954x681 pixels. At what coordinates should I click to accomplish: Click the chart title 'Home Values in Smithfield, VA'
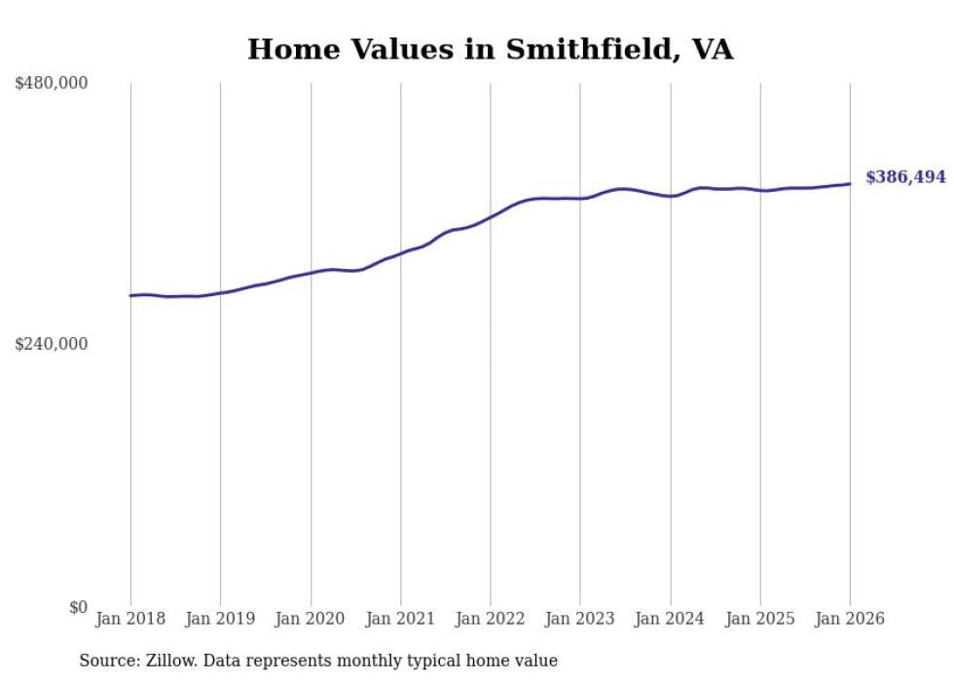tap(490, 49)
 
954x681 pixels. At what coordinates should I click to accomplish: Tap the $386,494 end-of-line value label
tap(905, 177)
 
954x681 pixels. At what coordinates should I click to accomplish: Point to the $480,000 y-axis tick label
tap(52, 84)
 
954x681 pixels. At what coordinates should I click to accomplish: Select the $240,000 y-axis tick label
tap(52, 344)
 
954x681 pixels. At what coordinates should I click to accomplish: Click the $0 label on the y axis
tap(78, 607)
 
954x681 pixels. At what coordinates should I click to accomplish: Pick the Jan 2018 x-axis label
tap(130, 619)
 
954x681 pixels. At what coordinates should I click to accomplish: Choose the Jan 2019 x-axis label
tap(220, 619)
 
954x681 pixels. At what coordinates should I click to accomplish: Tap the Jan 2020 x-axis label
tap(311, 619)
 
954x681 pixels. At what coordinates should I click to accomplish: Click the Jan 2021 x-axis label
tap(400, 619)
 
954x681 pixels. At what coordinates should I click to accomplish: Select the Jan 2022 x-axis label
tap(491, 619)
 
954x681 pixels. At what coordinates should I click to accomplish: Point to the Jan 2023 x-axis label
tap(580, 619)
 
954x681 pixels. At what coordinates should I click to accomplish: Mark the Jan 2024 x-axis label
tap(671, 619)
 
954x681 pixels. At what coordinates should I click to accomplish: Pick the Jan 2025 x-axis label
tap(760, 619)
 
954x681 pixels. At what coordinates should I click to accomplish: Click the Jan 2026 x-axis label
tap(850, 619)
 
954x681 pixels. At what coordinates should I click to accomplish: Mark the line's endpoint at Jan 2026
tap(850, 183)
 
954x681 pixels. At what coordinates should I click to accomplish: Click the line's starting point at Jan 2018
tap(130, 295)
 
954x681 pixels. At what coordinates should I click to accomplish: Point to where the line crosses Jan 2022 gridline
tap(491, 216)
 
